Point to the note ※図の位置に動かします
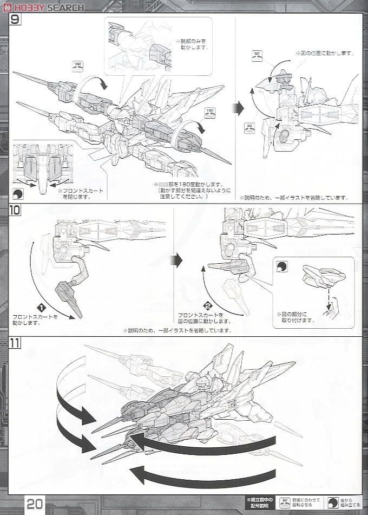325,53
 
